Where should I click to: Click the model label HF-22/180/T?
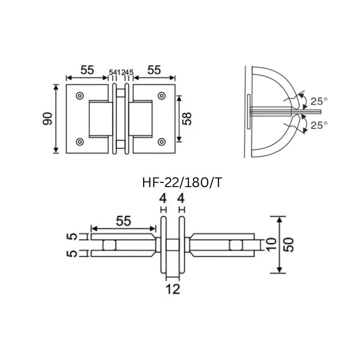tap(182, 183)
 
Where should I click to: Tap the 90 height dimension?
tap(48, 119)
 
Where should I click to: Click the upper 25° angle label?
tap(319, 101)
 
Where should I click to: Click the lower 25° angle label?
tap(319, 126)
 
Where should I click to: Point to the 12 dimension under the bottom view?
tap(173, 289)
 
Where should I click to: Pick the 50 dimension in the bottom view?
tap(289, 245)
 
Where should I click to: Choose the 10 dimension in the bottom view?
tap(271, 245)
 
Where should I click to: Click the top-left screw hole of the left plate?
tap(80, 96)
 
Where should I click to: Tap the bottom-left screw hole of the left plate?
tap(80, 142)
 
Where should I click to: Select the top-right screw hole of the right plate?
tap(162, 96)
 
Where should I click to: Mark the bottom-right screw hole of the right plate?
tap(162, 142)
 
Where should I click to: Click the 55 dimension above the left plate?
tap(87, 70)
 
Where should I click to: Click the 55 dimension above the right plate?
tap(154, 70)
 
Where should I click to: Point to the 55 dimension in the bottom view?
tap(123, 221)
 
